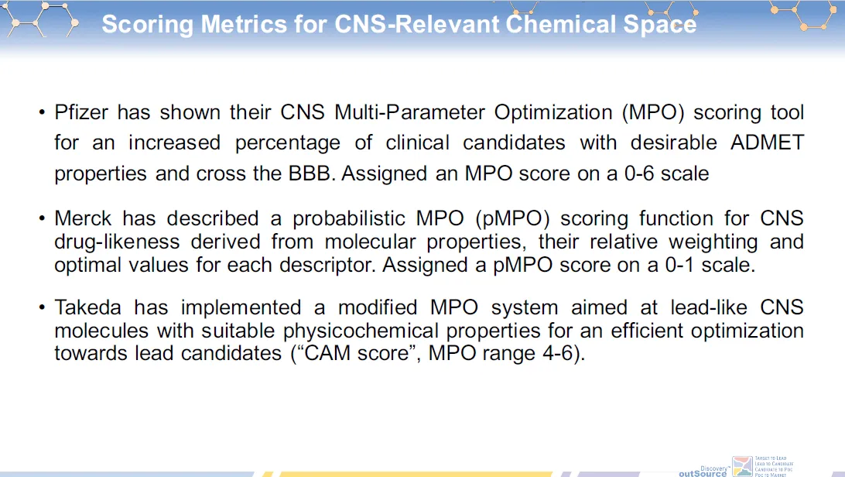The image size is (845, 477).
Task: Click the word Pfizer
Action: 80,113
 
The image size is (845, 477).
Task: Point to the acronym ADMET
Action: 767,143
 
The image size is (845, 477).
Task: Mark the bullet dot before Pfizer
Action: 42,113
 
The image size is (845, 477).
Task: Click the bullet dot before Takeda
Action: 42,307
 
